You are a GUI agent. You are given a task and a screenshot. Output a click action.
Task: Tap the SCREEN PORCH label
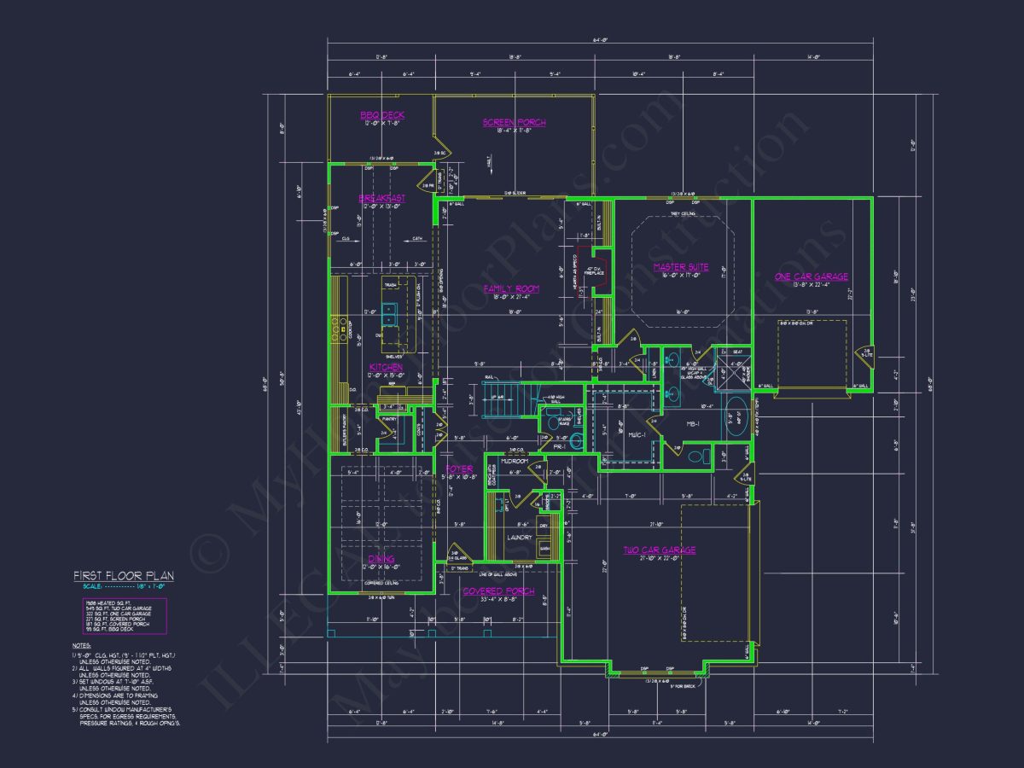point(514,122)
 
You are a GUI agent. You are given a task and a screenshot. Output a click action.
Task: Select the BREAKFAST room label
point(381,198)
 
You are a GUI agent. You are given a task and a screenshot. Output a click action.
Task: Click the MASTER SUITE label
point(681,267)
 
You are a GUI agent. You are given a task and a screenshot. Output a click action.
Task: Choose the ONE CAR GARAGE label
point(811,276)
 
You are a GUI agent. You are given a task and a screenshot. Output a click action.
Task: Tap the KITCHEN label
point(386,367)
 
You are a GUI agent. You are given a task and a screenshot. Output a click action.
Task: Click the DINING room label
point(381,558)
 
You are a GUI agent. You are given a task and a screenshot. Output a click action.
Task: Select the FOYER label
point(459,469)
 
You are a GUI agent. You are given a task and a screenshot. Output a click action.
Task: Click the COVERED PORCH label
point(498,591)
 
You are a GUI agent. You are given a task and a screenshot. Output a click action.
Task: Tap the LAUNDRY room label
point(518,538)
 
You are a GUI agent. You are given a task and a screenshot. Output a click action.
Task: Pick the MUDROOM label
point(515,461)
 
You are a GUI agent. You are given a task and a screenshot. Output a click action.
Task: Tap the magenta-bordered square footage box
point(125,615)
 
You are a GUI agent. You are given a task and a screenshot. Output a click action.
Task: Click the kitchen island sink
point(390,313)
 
